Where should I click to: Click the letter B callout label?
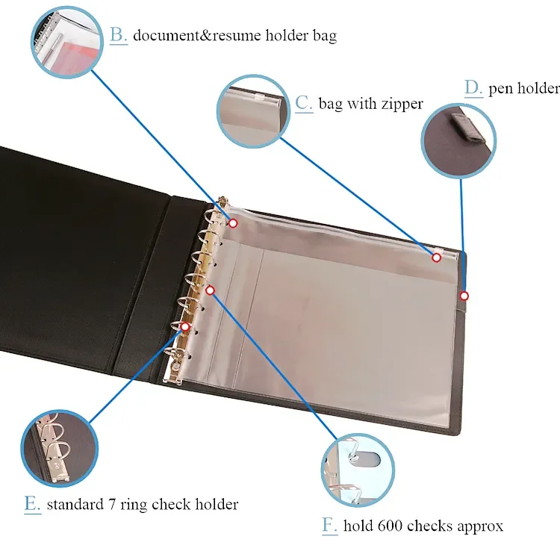point(118,35)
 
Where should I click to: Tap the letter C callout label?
point(304,104)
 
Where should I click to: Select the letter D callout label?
point(473,88)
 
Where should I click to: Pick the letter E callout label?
point(33,504)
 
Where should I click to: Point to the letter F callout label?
point(329,526)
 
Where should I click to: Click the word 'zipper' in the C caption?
point(402,105)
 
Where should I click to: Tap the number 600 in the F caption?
point(391,526)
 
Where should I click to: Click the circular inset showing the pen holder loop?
point(458,140)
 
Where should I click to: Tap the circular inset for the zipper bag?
point(254,111)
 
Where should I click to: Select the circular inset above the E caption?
point(59,448)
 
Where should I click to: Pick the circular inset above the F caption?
point(358,470)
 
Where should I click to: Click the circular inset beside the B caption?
point(67,42)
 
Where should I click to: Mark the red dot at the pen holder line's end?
point(464,296)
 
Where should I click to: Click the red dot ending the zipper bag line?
point(437,258)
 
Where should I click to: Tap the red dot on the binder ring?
point(185,326)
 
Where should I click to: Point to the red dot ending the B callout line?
point(233,223)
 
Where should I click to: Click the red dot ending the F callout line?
point(211,290)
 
